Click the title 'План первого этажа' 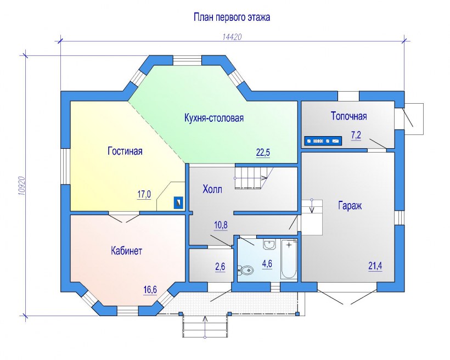(232, 17)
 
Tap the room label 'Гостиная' (125, 151)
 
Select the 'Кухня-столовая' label (214, 118)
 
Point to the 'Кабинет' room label (126, 251)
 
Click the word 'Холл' (212, 189)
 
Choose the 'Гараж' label (350, 206)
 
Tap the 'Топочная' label (348, 116)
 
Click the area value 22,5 (263, 153)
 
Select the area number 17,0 (144, 194)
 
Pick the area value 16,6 (150, 290)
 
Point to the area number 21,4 (375, 266)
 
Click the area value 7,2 (356, 135)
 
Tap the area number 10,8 (221, 225)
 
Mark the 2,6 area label (220, 267)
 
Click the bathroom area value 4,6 (267, 263)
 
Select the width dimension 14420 (232, 37)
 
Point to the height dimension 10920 (22, 185)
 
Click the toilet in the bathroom (246, 270)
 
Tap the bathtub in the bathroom (289, 259)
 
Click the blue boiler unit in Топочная (323, 141)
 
